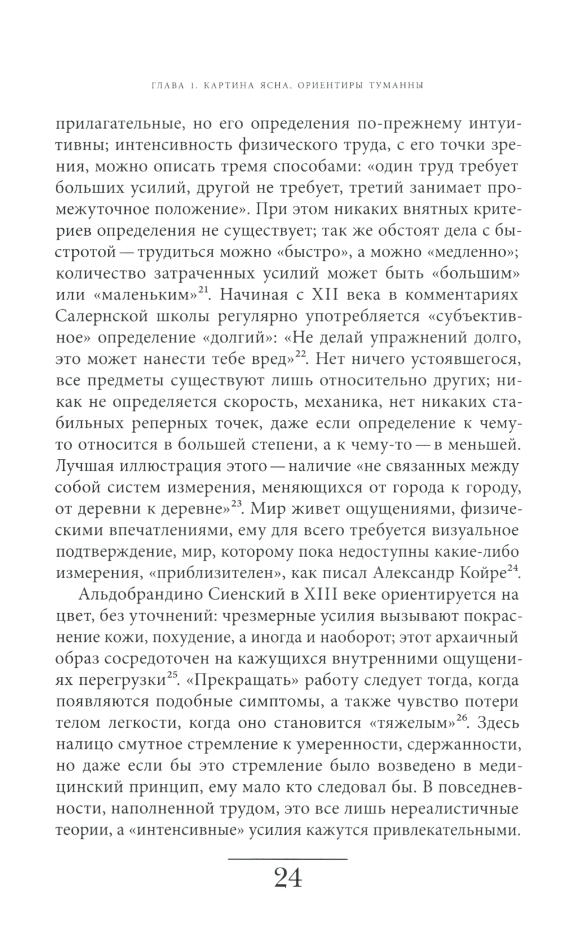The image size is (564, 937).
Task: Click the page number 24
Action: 288,879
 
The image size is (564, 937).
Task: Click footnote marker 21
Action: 203,289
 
